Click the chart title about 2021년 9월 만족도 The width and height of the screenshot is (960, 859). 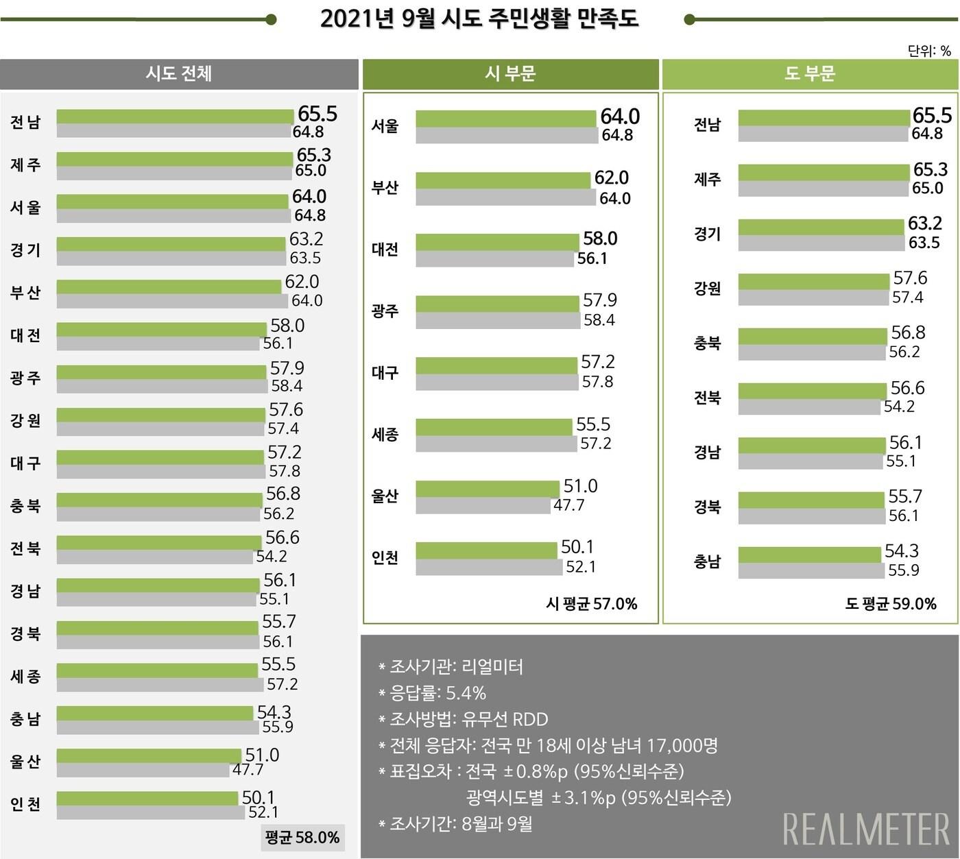pyautogui.click(x=479, y=19)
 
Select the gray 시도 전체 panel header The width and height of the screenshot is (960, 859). pyautogui.click(x=179, y=74)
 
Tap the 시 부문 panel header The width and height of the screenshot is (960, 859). pyautogui.click(x=510, y=74)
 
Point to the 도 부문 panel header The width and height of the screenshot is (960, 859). pyautogui.click(x=810, y=74)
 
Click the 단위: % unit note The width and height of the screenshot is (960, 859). pyautogui.click(x=929, y=50)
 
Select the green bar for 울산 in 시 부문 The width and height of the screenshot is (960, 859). pyautogui.click(x=488, y=489)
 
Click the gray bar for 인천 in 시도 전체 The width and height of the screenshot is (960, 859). pyautogui.click(x=151, y=812)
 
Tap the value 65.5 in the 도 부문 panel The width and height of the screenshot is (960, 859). pyautogui.click(x=932, y=115)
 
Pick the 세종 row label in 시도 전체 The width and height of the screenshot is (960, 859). pyautogui.click(x=25, y=676)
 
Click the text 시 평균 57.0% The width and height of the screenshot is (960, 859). pyautogui.click(x=591, y=603)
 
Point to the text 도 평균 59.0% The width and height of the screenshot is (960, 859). pyautogui.click(x=890, y=603)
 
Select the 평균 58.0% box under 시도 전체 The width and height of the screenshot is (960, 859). pyautogui.click(x=303, y=837)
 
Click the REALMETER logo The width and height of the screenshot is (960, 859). pyautogui.click(x=866, y=829)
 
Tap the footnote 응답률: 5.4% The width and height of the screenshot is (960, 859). pyautogui.click(x=433, y=692)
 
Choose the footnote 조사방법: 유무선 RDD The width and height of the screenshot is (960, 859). pyautogui.click(x=464, y=719)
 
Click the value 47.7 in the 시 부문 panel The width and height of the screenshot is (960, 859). pyautogui.click(x=568, y=505)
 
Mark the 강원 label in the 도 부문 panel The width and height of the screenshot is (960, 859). pyautogui.click(x=707, y=288)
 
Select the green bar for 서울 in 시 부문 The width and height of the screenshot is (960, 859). pyautogui.click(x=506, y=119)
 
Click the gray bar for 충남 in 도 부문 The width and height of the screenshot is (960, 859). pyautogui.click(x=811, y=570)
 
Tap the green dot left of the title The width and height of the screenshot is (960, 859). pyautogui.click(x=271, y=19)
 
